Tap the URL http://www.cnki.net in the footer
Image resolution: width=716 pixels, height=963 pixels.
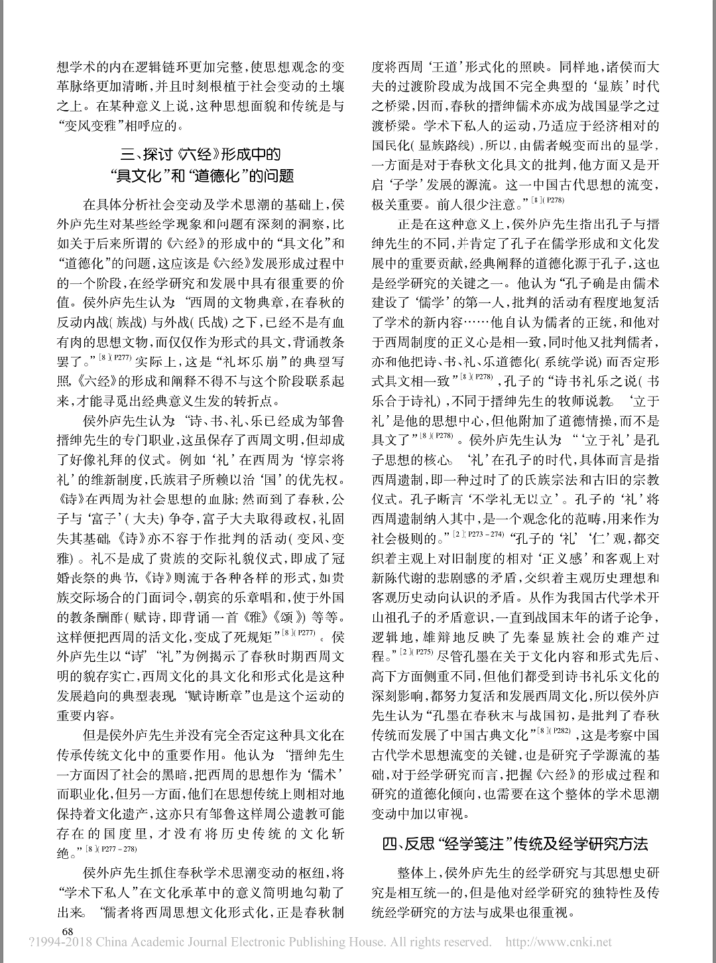click(x=559, y=942)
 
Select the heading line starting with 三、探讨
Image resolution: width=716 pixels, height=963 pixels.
click(x=201, y=155)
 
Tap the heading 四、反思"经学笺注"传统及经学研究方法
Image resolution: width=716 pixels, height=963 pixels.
click(x=514, y=844)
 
